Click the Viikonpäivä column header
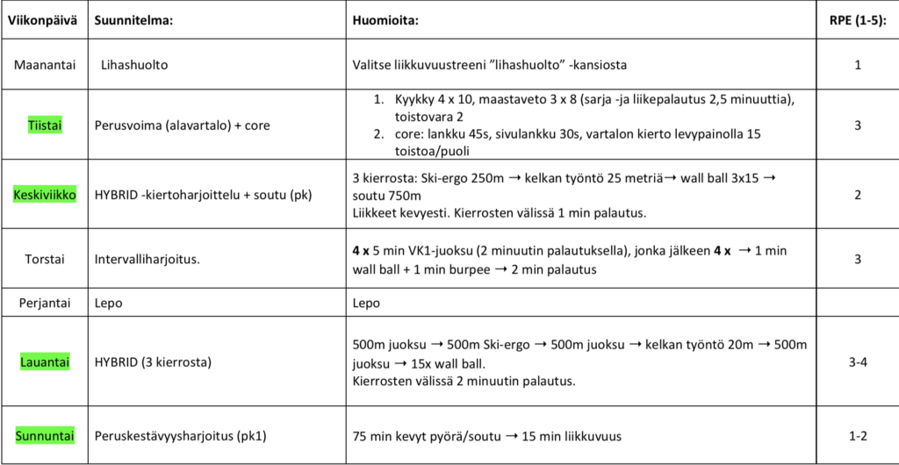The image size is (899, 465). [x=43, y=19]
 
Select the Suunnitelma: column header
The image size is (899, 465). [x=133, y=19]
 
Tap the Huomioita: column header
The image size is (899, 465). [x=385, y=19]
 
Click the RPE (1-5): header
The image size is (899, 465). [x=857, y=19]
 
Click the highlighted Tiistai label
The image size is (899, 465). [x=43, y=125]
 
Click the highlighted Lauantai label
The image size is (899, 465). [x=43, y=361]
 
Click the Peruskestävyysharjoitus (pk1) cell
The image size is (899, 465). [x=180, y=435]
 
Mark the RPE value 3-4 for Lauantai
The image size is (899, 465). [x=857, y=361]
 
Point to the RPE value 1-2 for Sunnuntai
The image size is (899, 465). [x=857, y=435]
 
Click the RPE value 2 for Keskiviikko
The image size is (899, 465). [x=857, y=193]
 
